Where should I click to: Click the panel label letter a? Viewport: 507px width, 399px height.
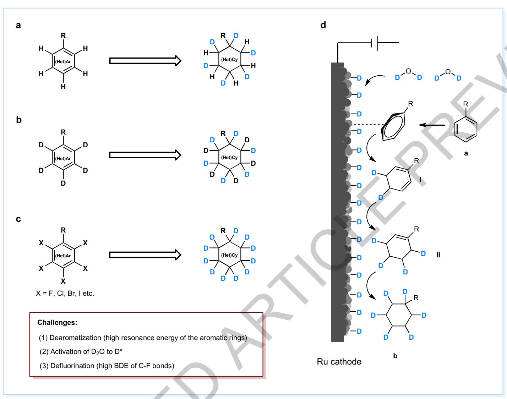click(18, 25)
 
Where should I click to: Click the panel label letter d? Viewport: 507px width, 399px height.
click(323, 25)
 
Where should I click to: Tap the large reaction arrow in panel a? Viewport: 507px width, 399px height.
click(145, 61)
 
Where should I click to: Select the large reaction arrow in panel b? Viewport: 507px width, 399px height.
click(145, 155)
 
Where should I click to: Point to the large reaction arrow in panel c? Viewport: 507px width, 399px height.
click(145, 255)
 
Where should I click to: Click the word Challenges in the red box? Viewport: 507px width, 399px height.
click(57, 322)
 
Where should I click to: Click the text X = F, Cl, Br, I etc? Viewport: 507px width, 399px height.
click(65, 293)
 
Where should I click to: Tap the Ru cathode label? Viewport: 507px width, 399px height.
click(339, 362)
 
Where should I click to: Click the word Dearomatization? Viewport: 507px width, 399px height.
click(75, 338)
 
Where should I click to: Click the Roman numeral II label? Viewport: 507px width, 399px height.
click(438, 255)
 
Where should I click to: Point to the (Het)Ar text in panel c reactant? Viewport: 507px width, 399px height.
click(63, 256)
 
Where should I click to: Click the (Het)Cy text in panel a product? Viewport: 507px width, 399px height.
click(229, 60)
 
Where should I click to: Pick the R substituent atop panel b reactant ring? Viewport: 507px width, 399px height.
click(63, 132)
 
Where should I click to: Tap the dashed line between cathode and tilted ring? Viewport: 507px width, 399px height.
click(368, 125)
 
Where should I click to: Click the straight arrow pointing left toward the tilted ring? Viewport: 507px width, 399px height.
click(432, 125)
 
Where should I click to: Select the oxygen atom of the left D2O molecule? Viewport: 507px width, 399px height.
click(408, 71)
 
